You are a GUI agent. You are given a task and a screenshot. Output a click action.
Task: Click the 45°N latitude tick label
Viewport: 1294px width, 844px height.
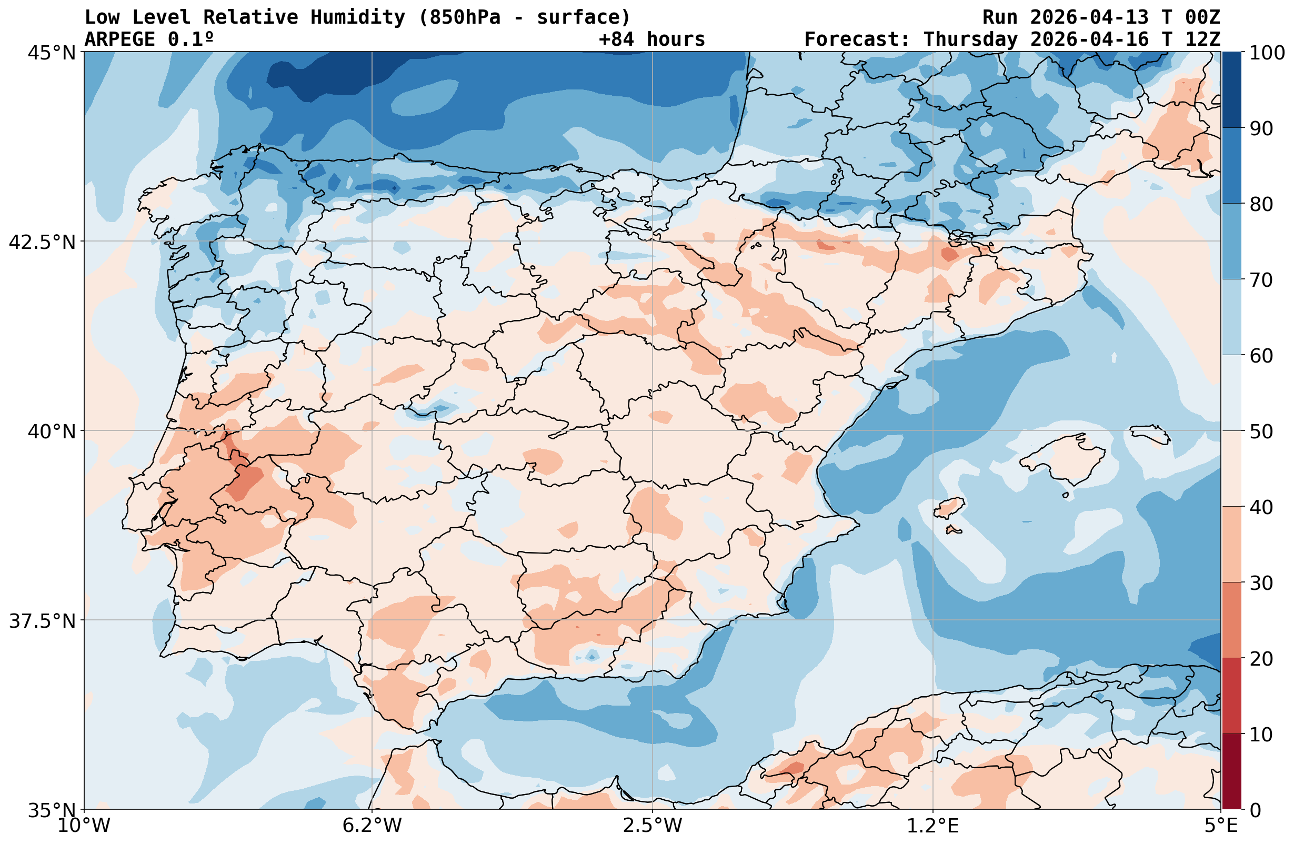click(x=52, y=53)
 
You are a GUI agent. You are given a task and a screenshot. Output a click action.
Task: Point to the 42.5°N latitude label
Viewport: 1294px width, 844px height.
click(x=43, y=242)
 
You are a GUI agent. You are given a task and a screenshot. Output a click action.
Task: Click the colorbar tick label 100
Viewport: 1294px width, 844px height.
click(x=1267, y=53)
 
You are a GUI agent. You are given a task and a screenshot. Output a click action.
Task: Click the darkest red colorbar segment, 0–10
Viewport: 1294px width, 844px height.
click(x=1231, y=772)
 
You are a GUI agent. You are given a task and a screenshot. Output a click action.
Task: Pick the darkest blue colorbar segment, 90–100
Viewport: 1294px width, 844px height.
click(x=1231, y=90)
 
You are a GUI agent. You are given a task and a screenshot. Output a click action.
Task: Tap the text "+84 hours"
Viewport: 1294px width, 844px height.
click(x=651, y=39)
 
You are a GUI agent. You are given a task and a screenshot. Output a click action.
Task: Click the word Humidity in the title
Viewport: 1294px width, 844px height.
click(x=358, y=17)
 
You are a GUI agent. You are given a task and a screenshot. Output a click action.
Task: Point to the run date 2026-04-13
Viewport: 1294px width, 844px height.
click(x=1090, y=17)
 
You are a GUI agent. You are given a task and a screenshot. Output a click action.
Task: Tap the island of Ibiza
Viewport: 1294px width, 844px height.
click(x=949, y=508)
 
